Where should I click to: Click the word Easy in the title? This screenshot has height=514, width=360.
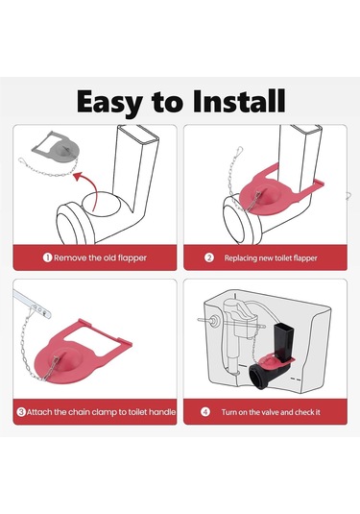[109, 103]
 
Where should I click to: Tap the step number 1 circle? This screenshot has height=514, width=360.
[47, 257]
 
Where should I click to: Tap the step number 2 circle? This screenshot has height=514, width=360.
[209, 257]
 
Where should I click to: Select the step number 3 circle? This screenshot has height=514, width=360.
[21, 412]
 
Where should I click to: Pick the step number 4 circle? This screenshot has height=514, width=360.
[205, 412]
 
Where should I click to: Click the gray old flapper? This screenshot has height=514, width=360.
[56, 146]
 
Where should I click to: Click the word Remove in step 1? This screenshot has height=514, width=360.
[68, 257]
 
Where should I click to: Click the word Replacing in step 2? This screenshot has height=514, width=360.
[241, 258]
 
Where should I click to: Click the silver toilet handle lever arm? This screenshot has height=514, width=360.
[32, 305]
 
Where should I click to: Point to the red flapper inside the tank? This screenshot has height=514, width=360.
[276, 362]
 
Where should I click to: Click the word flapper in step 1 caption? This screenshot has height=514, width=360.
[132, 258]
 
